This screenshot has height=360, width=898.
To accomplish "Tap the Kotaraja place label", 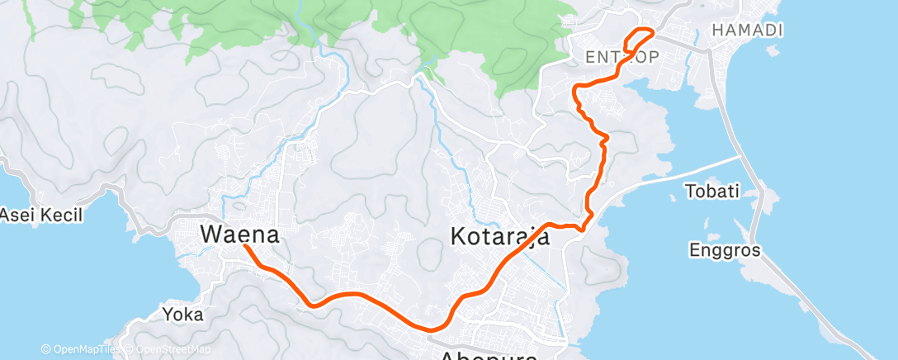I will [500, 237].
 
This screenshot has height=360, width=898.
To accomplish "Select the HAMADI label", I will [746, 30].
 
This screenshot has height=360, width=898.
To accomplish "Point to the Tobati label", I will [711, 192].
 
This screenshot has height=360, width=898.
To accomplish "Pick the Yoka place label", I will [183, 314].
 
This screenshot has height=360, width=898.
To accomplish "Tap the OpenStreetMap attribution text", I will [169, 350].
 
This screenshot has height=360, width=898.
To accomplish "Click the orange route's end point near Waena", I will [245, 244].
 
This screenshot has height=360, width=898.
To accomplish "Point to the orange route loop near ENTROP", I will [640, 40].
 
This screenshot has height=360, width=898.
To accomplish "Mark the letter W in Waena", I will [211, 235].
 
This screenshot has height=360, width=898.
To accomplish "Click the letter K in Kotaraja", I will [459, 237].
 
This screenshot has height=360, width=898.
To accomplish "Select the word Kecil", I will [64, 216].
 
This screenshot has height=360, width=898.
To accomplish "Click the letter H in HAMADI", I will [716, 30].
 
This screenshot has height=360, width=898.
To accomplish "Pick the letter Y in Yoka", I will [168, 314].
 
